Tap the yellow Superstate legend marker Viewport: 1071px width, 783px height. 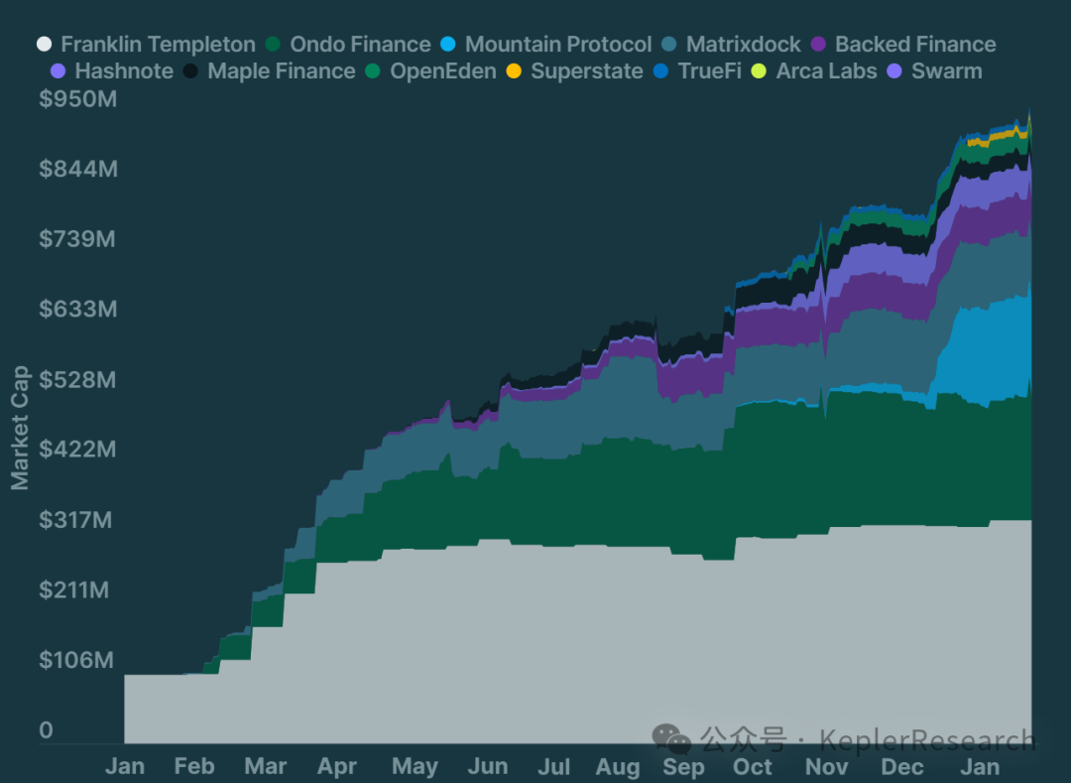pyautogui.click(x=514, y=71)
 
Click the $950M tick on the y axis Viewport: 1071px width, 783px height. pyautogui.click(x=78, y=99)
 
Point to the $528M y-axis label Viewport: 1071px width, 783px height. pyautogui.click(x=78, y=380)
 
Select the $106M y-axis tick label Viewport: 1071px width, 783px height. pyautogui.click(x=78, y=660)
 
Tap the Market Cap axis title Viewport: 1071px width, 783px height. pyautogui.click(x=20, y=428)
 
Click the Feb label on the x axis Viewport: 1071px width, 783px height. pyautogui.click(x=194, y=766)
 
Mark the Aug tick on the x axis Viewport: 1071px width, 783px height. pyautogui.click(x=618, y=766)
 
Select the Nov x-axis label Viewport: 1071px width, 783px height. pyautogui.click(x=826, y=766)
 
